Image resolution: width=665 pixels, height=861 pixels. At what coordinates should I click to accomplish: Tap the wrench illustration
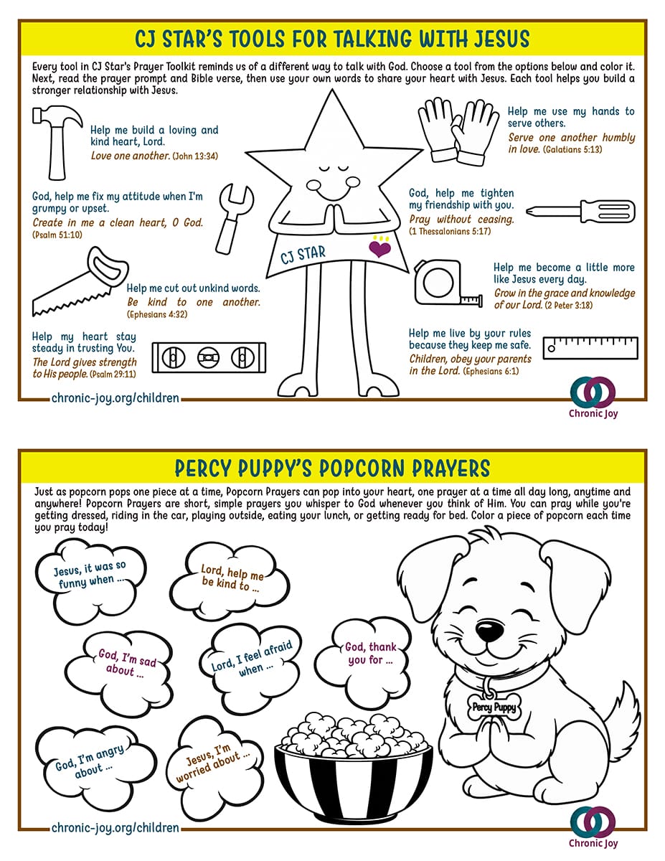click(234, 219)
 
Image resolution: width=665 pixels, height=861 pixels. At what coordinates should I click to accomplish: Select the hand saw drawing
click(79, 282)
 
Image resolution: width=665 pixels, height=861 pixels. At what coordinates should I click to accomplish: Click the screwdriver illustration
click(580, 211)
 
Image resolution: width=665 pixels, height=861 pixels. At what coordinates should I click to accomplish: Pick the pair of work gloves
click(458, 131)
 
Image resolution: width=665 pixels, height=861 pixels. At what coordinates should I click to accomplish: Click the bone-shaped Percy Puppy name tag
click(494, 707)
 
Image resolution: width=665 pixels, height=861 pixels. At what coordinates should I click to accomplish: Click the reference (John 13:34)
click(195, 156)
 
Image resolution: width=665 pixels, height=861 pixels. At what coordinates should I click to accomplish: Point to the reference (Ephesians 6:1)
click(491, 371)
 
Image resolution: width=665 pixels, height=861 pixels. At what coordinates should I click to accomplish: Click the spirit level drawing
click(209, 358)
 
